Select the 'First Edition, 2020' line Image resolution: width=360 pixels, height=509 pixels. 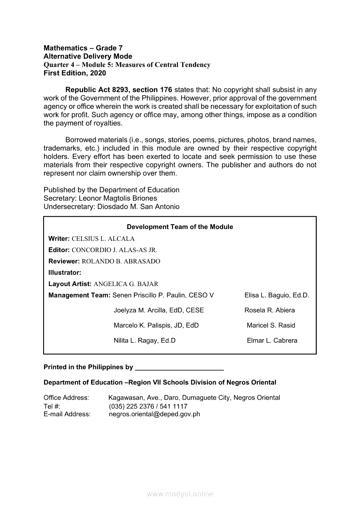[75, 73]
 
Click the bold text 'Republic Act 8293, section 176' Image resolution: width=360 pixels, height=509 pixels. [119, 90]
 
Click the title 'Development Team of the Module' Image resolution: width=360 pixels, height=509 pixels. [180, 227]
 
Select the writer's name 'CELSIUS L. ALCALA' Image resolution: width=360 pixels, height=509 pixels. [103, 239]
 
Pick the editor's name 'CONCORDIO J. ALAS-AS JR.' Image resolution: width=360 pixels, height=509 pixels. [114, 250]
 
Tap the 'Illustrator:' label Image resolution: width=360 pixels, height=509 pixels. [65, 273]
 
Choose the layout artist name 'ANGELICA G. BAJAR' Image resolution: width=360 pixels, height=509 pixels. [126, 284]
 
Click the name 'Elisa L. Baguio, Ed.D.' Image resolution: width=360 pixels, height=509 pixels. [277, 295]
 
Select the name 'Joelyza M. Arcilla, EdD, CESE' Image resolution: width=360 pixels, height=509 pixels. [159, 310]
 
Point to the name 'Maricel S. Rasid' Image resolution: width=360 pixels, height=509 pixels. [271, 325]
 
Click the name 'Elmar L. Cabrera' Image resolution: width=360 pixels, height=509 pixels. [272, 340]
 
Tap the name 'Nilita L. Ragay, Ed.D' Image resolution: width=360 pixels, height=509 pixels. [145, 340]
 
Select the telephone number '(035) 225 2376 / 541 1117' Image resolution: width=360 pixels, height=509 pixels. [148, 406]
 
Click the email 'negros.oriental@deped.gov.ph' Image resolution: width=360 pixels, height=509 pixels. [154, 414]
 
